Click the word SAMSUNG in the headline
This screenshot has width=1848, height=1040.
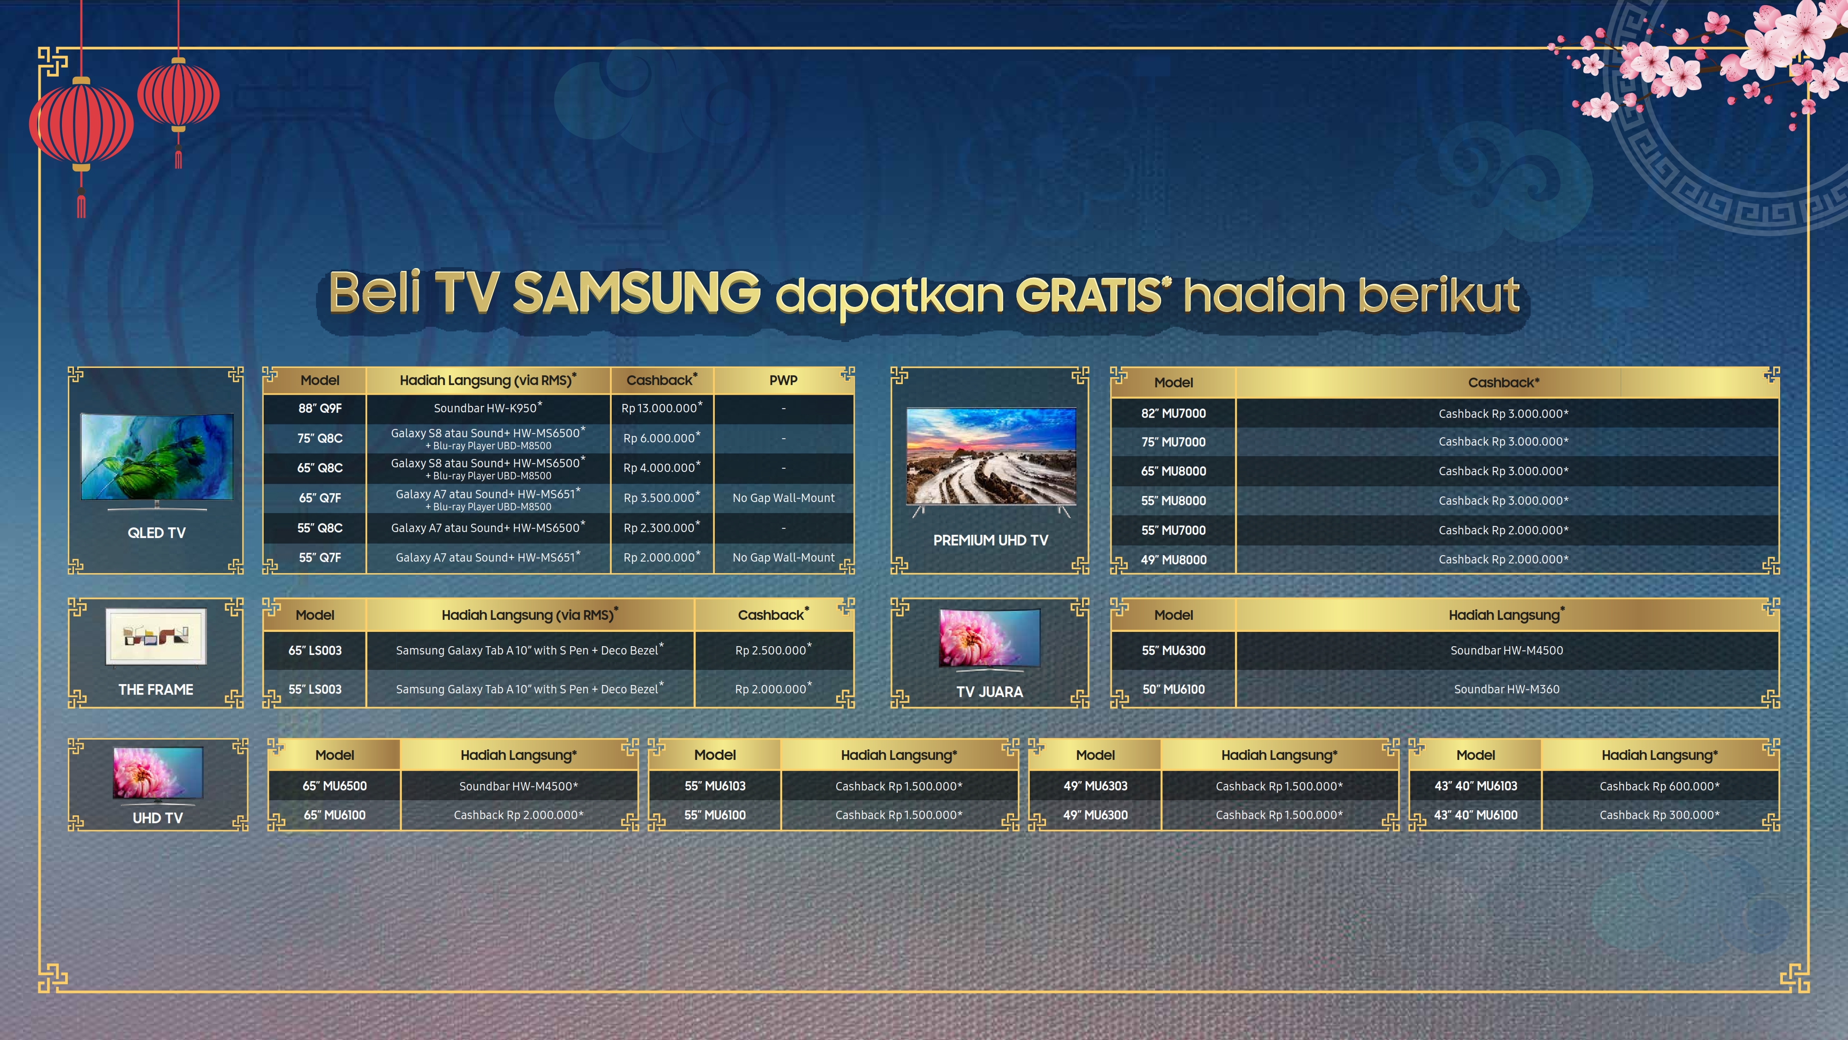(636, 293)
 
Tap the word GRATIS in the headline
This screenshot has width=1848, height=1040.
(1088, 294)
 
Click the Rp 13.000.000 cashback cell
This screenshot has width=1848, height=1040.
(662, 408)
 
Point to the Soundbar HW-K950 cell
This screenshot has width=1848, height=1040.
(488, 408)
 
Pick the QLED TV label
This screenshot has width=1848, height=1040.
(157, 532)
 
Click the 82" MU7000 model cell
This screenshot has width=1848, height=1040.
(1173, 413)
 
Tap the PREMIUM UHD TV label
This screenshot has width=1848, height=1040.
(991, 540)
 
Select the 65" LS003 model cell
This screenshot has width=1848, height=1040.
(315, 650)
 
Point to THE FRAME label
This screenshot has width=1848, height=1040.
(156, 690)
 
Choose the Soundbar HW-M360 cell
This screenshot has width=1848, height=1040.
(1507, 689)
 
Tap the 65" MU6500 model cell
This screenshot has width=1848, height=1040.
(334, 786)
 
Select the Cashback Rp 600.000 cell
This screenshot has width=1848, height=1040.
(1660, 786)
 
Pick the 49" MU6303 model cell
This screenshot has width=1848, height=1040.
(1095, 786)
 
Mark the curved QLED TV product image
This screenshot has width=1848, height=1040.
(157, 460)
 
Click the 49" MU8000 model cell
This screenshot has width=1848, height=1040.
(1173, 560)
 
